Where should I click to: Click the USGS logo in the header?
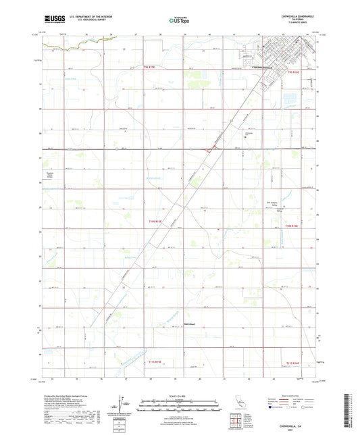tap(52, 21)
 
